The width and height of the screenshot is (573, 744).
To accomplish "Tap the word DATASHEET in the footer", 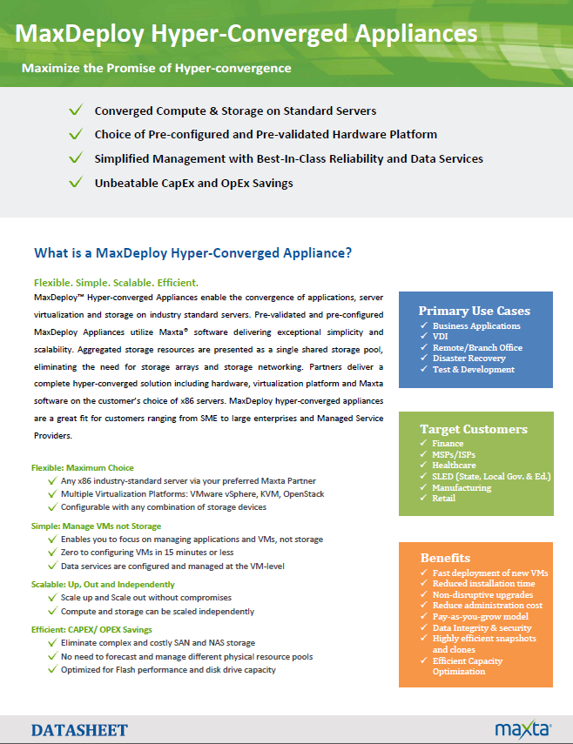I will [x=79, y=730].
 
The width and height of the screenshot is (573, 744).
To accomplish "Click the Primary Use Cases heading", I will [x=474, y=311].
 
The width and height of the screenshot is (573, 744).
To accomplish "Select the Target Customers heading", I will [x=473, y=429].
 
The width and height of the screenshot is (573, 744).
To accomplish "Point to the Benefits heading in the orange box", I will [x=445, y=558].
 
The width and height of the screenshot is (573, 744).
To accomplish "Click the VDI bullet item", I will [x=442, y=337].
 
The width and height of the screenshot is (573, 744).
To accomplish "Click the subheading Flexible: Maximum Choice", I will [x=83, y=468].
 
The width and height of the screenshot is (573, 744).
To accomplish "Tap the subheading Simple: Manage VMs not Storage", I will [x=97, y=526].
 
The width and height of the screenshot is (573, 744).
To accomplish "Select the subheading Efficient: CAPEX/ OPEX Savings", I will [x=91, y=629].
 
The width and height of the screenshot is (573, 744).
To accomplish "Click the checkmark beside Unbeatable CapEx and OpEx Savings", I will [x=77, y=183].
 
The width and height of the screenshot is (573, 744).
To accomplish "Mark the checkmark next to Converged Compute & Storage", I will [x=77, y=111].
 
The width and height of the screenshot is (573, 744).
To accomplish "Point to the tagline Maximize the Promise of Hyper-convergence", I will [x=156, y=67].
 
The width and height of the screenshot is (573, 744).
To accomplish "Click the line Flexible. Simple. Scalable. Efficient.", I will [x=116, y=283].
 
